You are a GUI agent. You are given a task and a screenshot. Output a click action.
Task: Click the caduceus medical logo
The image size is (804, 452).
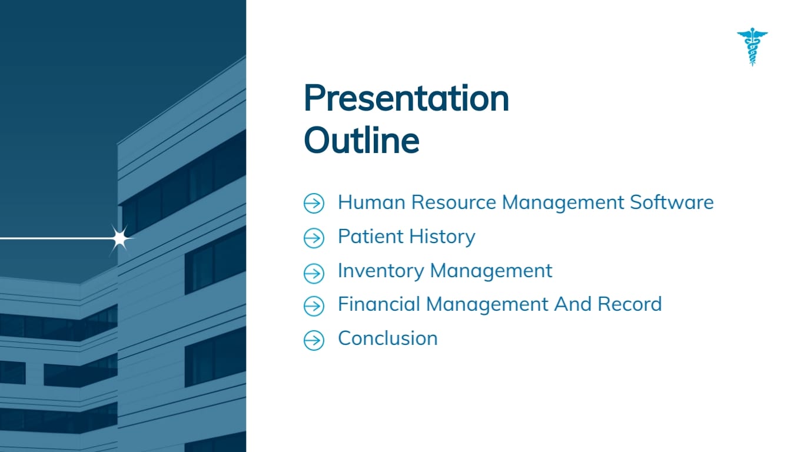coord(752,47)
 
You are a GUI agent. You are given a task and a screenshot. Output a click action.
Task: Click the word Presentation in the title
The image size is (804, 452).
coord(406,98)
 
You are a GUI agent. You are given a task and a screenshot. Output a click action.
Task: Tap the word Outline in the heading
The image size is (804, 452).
coord(361,141)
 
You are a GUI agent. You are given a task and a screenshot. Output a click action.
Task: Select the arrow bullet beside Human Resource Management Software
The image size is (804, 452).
coord(314,204)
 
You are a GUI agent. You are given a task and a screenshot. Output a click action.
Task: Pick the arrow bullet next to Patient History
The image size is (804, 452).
coord(314,238)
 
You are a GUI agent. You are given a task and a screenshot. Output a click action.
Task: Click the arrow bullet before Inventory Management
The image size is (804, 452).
coord(314,272)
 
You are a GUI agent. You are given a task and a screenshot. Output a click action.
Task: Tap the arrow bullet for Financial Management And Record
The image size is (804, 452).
coord(314,306)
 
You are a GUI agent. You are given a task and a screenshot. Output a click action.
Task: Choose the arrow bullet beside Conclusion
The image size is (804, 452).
coord(314,340)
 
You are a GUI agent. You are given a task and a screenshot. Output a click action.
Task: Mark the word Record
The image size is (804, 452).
coord(630,304)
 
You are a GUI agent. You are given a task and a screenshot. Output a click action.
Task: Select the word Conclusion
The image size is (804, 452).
coord(387,338)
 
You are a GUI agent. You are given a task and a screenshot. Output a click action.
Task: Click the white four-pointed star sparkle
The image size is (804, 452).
coord(120,238)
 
